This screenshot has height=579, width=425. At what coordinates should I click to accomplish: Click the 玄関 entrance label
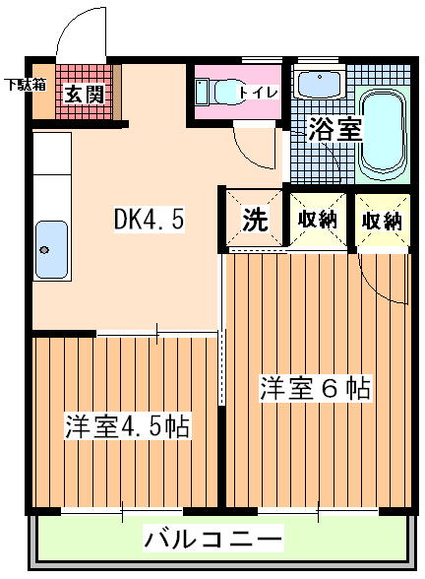85,95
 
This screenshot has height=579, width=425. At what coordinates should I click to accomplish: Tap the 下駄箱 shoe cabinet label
26,85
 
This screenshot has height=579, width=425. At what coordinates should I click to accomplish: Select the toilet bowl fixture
218,92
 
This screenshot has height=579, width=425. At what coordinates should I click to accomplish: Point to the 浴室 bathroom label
334,129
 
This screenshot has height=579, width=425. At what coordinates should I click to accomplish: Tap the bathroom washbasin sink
320,85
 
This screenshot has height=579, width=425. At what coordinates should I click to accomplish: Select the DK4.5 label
149,219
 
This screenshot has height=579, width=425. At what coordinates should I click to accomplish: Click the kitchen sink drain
44,250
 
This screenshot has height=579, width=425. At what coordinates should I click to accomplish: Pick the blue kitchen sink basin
51,250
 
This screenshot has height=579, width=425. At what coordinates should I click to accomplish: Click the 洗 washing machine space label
255,219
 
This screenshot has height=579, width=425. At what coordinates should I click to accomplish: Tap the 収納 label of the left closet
318,221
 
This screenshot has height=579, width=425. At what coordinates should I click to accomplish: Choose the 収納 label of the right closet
382,222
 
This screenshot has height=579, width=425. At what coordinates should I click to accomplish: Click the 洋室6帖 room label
315,387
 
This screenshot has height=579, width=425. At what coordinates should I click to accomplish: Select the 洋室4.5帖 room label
127,426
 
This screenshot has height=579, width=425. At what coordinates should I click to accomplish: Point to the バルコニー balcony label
212,539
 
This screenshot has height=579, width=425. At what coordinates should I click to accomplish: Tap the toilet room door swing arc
250,154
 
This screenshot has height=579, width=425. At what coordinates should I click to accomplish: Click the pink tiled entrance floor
85,92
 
